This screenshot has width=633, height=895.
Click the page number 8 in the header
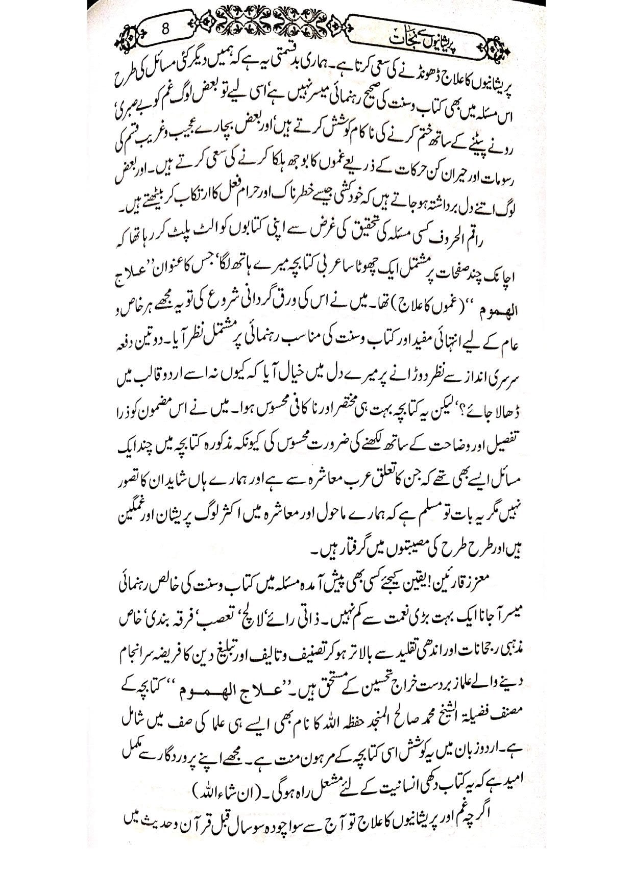click(165, 30)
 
